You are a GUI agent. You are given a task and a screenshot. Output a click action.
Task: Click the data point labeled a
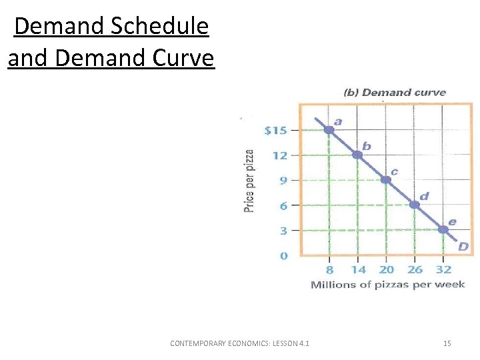click(x=329, y=129)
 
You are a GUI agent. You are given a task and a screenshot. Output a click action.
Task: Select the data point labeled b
click(x=357, y=155)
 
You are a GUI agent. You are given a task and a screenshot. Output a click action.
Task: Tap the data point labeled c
click(x=385, y=179)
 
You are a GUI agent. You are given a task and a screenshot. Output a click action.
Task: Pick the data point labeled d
click(x=414, y=205)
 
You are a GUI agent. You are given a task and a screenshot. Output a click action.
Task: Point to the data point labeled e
click(x=443, y=229)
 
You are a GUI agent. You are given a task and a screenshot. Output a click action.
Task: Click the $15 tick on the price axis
click(x=275, y=130)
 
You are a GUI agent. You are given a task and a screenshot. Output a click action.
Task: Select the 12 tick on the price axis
click(x=279, y=155)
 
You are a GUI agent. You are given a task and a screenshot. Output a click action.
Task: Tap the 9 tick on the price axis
click(x=283, y=180)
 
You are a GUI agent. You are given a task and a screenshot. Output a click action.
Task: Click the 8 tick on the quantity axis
click(x=329, y=269)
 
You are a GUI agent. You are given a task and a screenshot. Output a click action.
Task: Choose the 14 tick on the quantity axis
click(x=357, y=269)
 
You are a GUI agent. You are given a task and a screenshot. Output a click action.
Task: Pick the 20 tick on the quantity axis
click(x=386, y=269)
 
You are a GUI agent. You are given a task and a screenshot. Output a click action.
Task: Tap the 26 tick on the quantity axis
click(x=415, y=269)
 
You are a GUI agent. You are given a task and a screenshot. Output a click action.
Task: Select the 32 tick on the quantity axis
click(x=443, y=269)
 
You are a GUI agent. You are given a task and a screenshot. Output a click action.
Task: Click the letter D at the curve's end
click(x=463, y=247)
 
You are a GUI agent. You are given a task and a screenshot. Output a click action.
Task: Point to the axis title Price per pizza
click(x=249, y=181)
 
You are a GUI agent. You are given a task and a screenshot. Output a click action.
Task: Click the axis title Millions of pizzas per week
click(x=387, y=285)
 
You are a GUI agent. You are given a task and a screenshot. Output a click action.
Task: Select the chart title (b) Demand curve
click(x=394, y=93)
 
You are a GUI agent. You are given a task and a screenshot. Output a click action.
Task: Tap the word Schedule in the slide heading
click(x=160, y=27)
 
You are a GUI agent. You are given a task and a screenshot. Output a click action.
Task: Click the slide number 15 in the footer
click(x=447, y=343)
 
